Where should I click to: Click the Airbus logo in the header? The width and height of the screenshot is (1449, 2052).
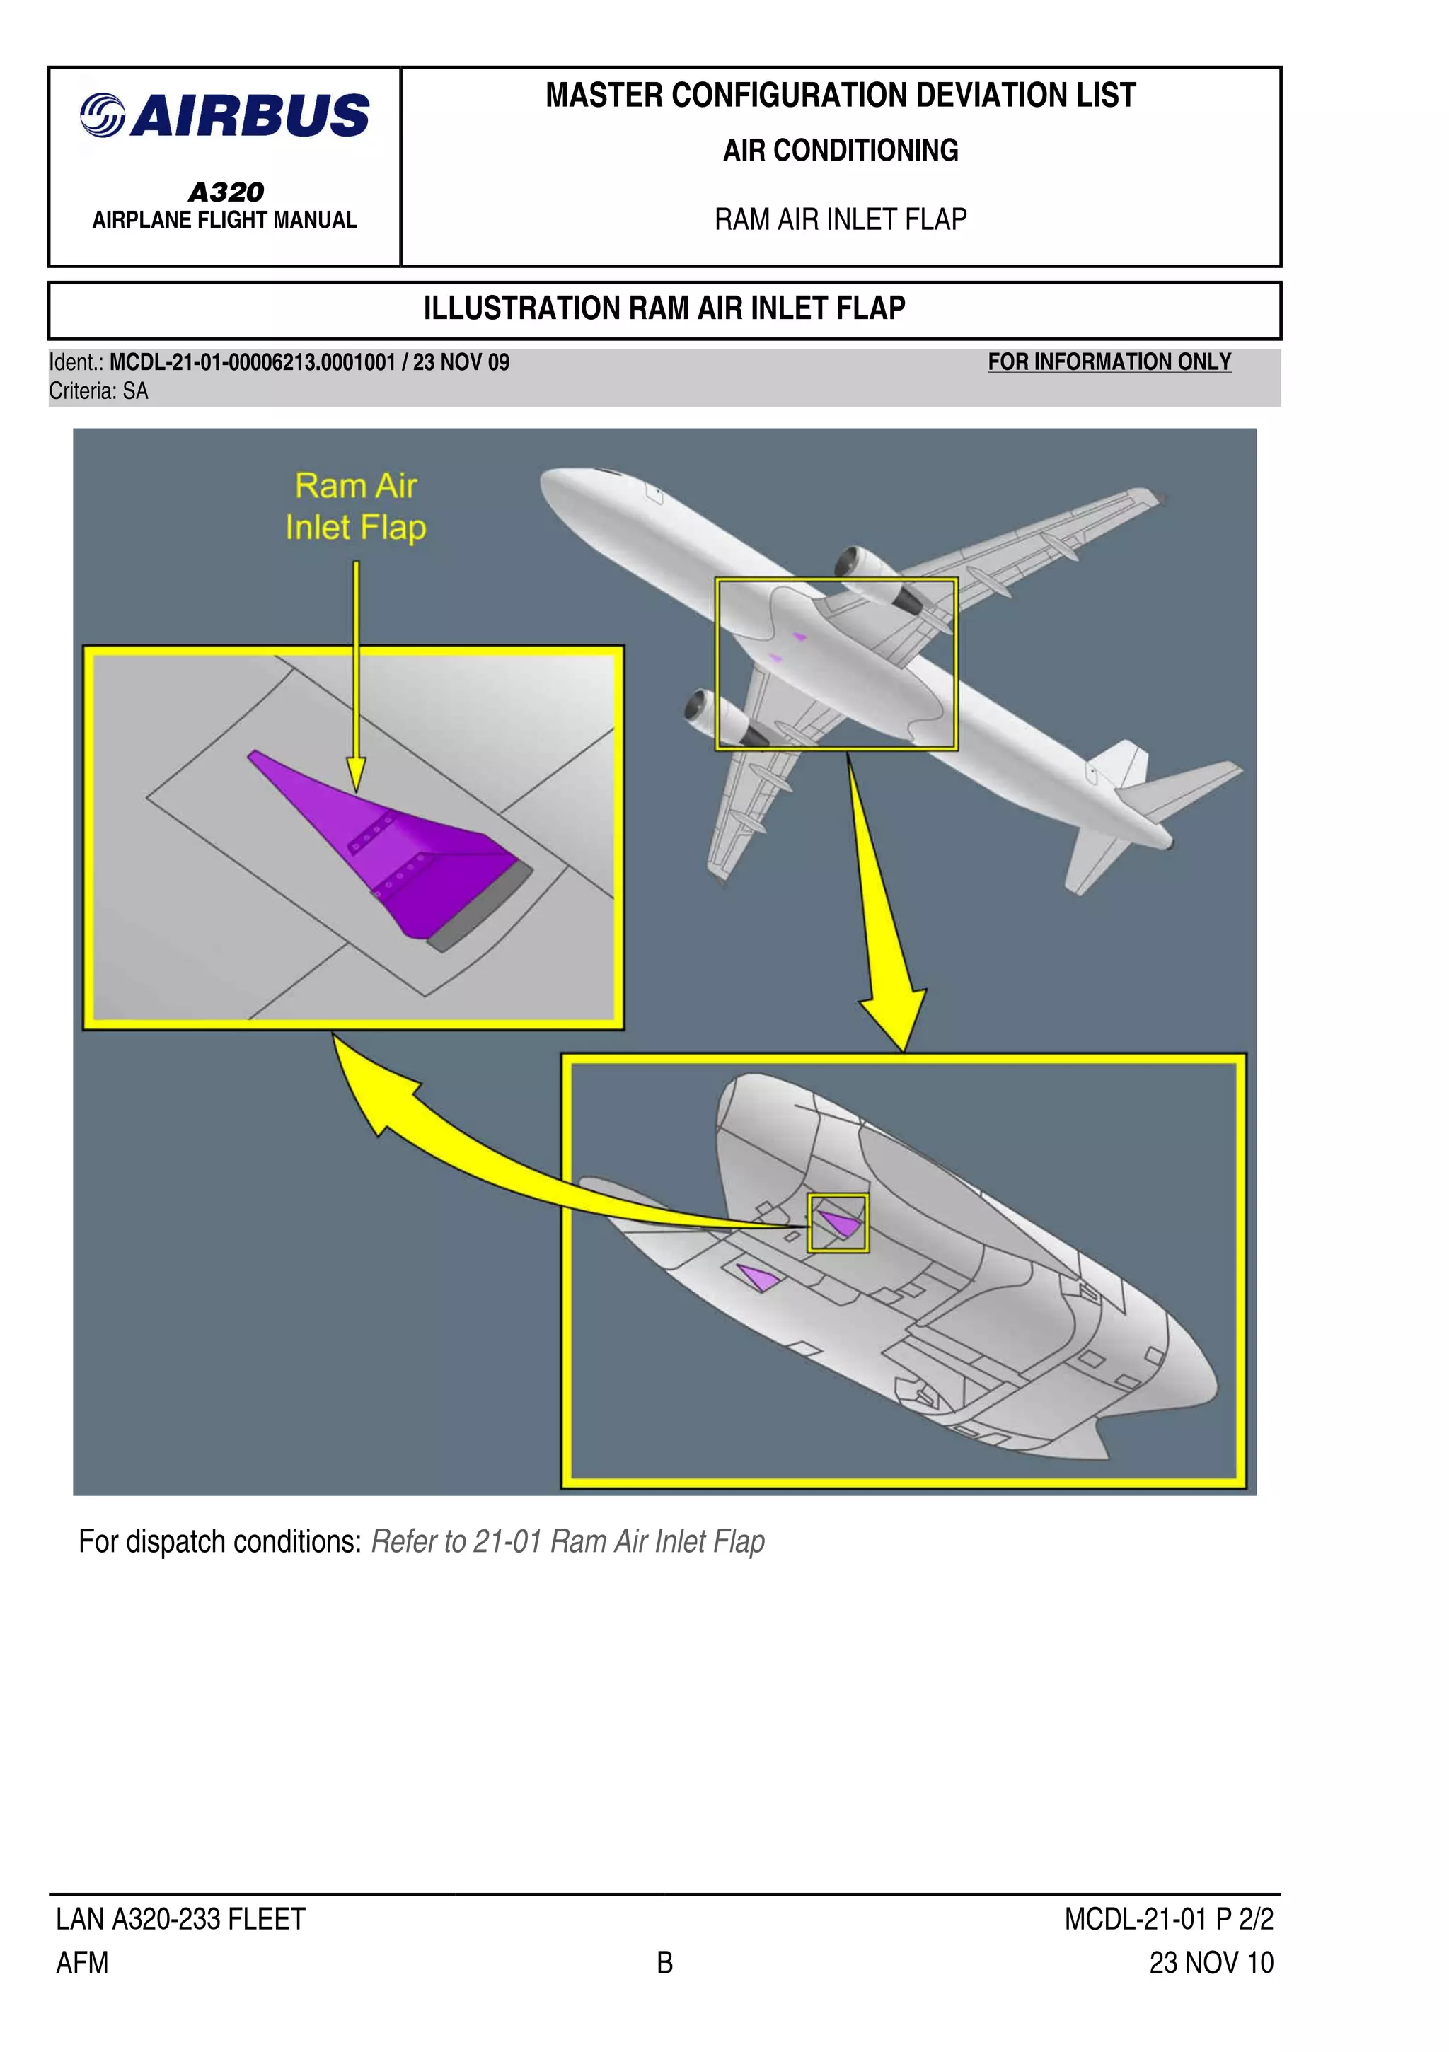[224, 115]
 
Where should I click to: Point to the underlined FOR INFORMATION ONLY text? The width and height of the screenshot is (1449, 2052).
[1109, 362]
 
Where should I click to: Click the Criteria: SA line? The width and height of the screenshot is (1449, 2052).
[98, 391]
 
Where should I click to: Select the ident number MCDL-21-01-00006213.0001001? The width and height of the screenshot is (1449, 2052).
[252, 363]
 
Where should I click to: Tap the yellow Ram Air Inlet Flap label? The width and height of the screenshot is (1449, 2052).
[355, 506]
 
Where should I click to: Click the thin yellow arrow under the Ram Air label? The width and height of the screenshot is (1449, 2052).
[356, 671]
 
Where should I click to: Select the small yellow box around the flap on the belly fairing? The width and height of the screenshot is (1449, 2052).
[838, 1222]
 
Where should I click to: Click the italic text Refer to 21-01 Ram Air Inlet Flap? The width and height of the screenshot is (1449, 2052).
[567, 1542]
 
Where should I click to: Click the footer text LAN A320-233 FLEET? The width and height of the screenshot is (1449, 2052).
[180, 1919]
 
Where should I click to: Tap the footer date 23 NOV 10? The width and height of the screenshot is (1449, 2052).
[1211, 1963]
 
